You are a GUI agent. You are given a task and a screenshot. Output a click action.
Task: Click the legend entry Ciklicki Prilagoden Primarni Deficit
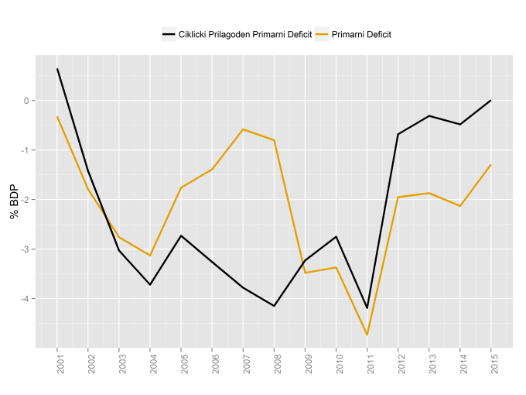pyautogui.click(x=236, y=34)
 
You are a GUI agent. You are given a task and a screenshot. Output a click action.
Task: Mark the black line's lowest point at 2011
pyautogui.click(x=367, y=308)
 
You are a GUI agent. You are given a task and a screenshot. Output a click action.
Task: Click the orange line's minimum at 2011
pyautogui.click(x=367, y=335)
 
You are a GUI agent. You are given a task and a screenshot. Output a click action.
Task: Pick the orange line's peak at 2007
pyautogui.click(x=243, y=129)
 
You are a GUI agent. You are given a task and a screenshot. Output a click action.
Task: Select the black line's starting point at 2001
pyautogui.click(x=57, y=69)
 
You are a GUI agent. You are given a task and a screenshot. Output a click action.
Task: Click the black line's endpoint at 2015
pyautogui.click(x=490, y=101)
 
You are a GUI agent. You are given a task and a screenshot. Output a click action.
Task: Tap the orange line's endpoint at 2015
pyautogui.click(x=490, y=165)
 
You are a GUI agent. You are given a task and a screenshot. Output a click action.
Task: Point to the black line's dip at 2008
pyautogui.click(x=274, y=306)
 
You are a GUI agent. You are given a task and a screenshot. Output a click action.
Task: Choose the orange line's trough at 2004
pyautogui.click(x=150, y=256)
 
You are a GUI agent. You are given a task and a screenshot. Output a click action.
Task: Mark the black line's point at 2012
pyautogui.click(x=398, y=134)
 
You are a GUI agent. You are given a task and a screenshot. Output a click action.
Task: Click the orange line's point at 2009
pyautogui.click(x=305, y=273)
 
